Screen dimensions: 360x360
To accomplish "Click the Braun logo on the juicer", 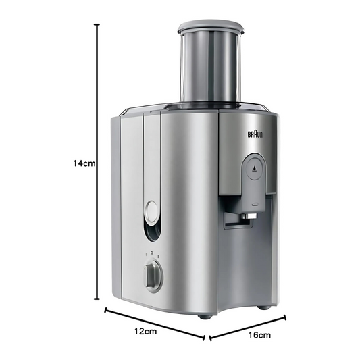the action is click(x=255, y=134).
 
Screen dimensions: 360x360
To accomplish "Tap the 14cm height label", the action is click(x=84, y=163).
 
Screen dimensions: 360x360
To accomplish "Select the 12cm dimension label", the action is click(x=146, y=332).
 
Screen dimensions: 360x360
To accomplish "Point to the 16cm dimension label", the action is click(x=259, y=335).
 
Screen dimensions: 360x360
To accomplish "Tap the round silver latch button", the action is click(x=151, y=211).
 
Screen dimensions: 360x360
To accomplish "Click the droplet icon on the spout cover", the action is click(x=254, y=168).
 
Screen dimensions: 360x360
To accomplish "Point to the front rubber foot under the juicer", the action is click(x=205, y=316).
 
